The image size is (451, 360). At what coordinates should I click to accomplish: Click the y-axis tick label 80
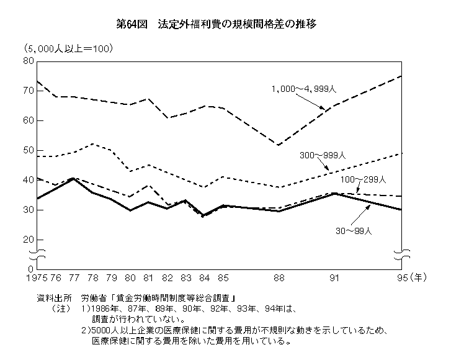coord(27,60)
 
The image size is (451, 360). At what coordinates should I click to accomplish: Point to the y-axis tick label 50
coord(27,150)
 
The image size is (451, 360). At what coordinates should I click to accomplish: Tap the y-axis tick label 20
coord(27,239)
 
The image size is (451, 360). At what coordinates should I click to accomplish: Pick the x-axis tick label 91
coord(335,277)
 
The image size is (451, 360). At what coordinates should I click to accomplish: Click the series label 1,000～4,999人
coord(303,89)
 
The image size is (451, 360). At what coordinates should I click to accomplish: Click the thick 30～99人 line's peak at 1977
coord(74,179)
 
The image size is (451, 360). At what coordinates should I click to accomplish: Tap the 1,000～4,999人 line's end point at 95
coord(401,76)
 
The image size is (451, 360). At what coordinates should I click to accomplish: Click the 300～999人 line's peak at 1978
coord(92,144)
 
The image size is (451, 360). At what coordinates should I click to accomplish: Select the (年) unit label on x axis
coord(419,277)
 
